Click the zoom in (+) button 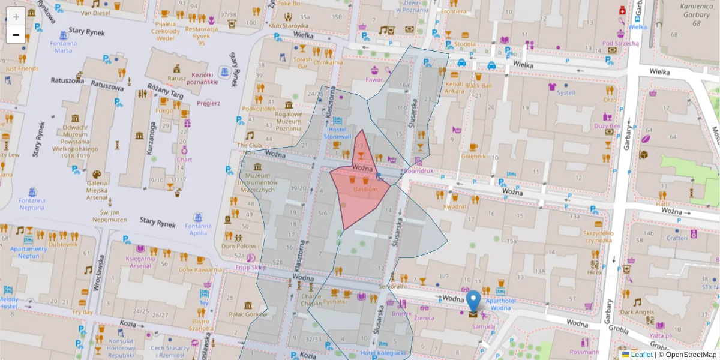(16, 16)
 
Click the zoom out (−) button (16, 34)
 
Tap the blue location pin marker (473, 302)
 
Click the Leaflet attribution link (641, 355)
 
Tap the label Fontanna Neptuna (31, 204)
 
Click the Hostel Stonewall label (338, 133)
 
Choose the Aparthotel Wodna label (491, 304)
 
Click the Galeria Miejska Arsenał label (97, 190)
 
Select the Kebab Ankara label (454, 88)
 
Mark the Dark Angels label (637, 312)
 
